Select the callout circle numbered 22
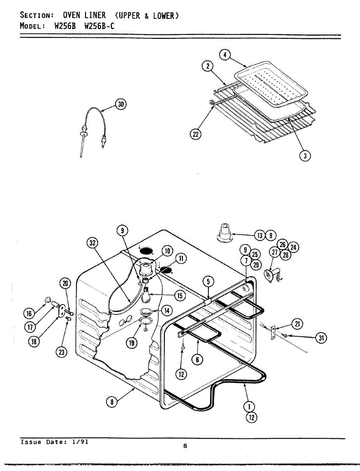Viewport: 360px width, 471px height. [x=195, y=135]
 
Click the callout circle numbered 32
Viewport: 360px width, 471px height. [x=92, y=243]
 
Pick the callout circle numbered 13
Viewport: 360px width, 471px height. [x=259, y=235]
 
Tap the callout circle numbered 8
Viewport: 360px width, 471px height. [x=112, y=401]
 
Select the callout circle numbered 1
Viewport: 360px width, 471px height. [x=248, y=406]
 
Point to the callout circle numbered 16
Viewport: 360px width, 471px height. [x=28, y=313]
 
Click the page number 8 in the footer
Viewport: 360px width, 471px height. [x=185, y=445]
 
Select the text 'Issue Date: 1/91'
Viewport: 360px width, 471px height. [x=54, y=442]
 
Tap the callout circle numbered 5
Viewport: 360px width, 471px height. [x=208, y=281]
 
